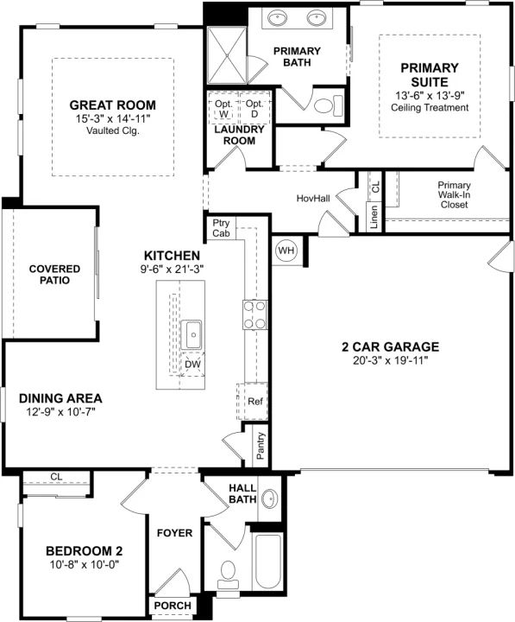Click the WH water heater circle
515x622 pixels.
286,251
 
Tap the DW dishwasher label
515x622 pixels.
193,365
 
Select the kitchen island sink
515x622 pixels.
192,335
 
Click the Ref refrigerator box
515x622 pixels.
253,402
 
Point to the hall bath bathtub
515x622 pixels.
267,562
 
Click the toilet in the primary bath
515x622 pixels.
328,106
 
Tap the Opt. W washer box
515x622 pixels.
223,108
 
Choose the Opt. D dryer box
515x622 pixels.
254,108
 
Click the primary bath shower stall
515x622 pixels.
227,55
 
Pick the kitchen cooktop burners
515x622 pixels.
254,315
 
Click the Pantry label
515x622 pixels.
261,446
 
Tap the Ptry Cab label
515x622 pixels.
221,228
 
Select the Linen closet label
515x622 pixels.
374,217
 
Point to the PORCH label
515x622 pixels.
173,606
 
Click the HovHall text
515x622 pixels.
313,198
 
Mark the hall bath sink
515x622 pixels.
269,498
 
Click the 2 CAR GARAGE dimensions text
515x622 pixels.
390,360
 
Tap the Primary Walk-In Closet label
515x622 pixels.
454,194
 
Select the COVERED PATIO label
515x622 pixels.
54,275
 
